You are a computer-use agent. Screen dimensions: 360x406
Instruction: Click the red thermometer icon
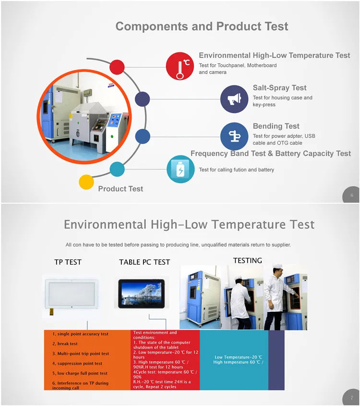[180, 66]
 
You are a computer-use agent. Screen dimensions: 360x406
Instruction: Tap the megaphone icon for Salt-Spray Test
[234, 99]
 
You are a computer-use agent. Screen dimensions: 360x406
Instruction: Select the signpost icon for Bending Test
[234, 136]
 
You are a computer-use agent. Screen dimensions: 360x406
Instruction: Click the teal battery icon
[180, 169]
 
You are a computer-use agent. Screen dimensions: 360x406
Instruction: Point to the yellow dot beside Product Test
[86, 182]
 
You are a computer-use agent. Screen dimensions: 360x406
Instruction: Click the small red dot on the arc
[117, 67]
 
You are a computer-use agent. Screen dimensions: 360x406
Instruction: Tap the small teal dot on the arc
[117, 169]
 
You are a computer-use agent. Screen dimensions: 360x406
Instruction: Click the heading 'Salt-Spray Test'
[279, 88]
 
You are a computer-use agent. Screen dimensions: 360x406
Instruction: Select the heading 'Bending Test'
[276, 126]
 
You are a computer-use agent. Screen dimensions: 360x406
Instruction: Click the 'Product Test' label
[120, 189]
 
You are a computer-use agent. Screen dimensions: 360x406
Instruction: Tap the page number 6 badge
[351, 195]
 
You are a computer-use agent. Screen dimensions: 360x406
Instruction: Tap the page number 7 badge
[351, 397]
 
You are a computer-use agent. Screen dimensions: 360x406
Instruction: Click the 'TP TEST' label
[68, 262]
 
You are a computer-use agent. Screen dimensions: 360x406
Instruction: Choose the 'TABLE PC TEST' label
[144, 262]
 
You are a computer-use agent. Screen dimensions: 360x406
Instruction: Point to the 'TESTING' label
[248, 260]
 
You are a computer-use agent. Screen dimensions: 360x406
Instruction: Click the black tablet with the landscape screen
[142, 294]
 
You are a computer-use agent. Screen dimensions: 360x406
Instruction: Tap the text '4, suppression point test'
[77, 364]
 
